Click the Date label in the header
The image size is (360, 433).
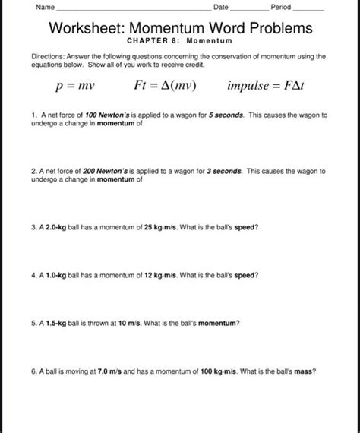221,7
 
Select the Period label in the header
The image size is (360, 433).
281,7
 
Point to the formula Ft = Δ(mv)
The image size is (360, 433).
165,86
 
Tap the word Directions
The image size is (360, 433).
48,56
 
